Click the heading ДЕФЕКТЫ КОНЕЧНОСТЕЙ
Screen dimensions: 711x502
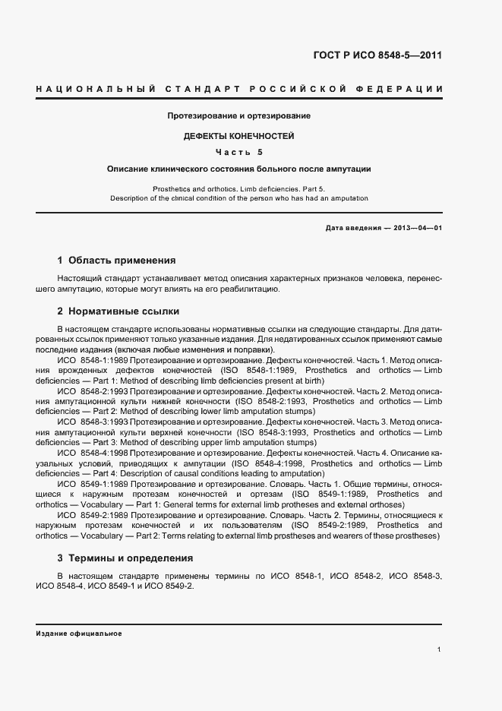click(239, 136)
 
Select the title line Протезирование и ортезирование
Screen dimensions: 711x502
click(239, 116)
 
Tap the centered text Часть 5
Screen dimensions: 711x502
click(239, 152)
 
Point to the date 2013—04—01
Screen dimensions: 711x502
click(417, 229)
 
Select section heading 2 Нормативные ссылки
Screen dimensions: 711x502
click(118, 311)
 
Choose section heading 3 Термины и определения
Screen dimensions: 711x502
click(125, 558)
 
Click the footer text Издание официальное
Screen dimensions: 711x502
click(78, 633)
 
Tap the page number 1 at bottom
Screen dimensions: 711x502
click(440, 649)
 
